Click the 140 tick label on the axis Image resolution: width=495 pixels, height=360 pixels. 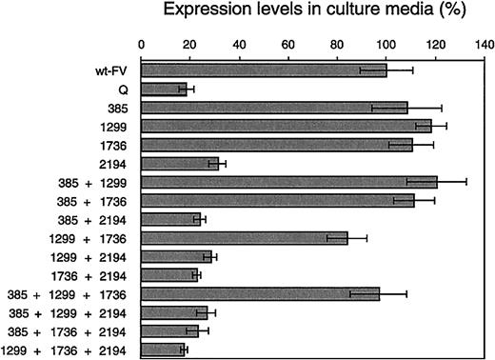[x=485, y=44]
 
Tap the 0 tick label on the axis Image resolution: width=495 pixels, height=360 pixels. [x=142, y=44]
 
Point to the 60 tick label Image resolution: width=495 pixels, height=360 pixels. [x=288, y=44]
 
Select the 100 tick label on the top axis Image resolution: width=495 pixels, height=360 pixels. [x=386, y=44]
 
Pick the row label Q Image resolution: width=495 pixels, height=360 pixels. [x=124, y=90]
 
